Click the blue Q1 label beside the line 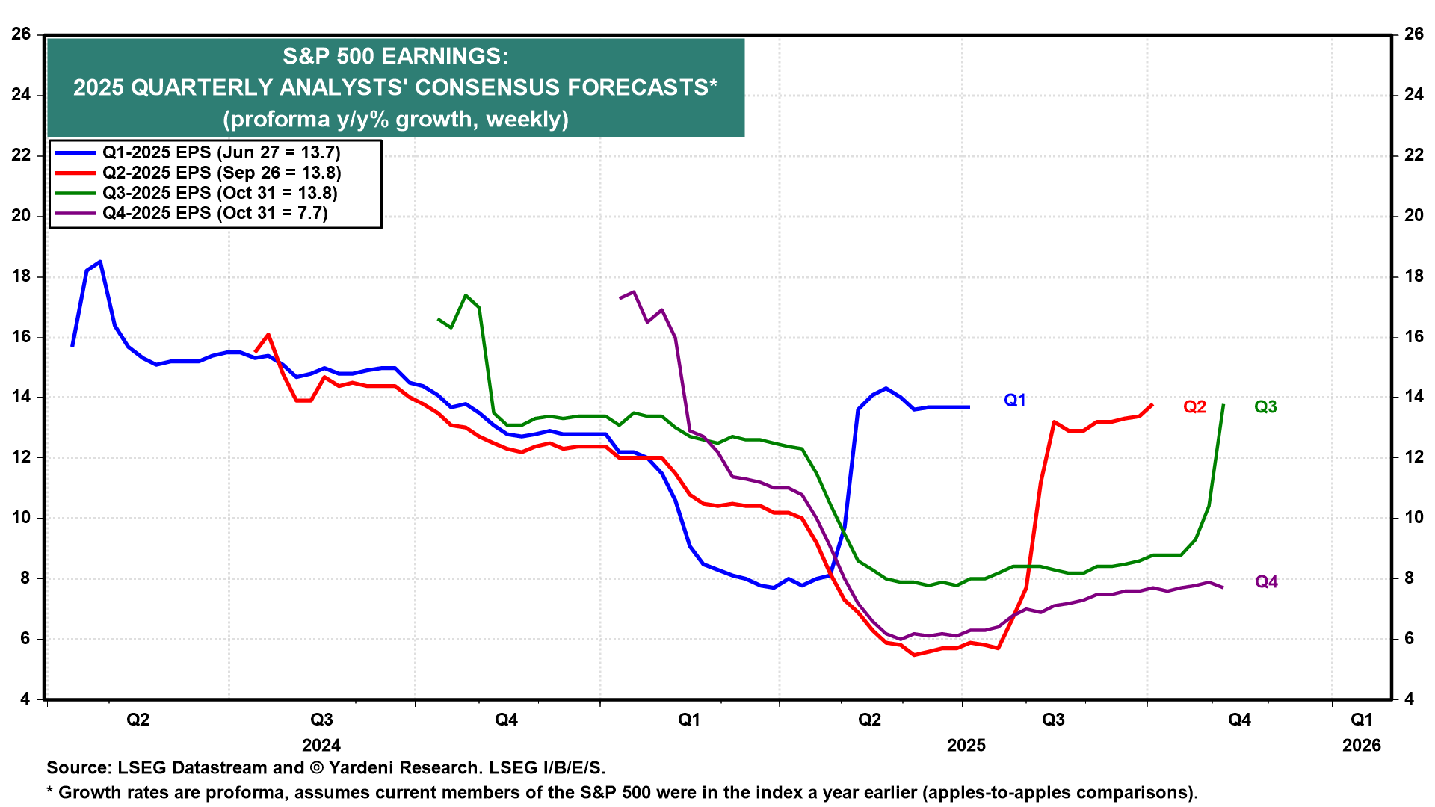(1014, 401)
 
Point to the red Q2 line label (1194, 407)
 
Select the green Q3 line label (1265, 407)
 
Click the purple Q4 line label (1266, 582)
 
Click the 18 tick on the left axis (21, 276)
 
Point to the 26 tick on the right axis (1413, 34)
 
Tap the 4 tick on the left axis (25, 699)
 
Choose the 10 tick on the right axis (1413, 518)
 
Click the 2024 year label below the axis (321, 746)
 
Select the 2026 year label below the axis (1362, 746)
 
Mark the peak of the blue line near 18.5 (100, 262)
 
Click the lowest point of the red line (913, 655)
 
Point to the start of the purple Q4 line (620, 298)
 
